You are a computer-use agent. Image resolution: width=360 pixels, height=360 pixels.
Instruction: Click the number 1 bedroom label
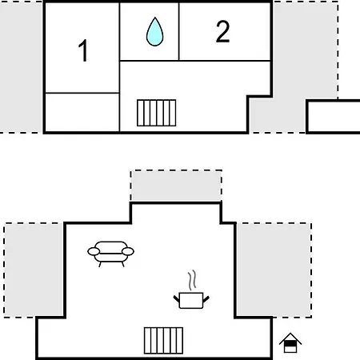coord(83,50)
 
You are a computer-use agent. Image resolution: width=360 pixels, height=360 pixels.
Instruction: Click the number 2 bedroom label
coord(222,31)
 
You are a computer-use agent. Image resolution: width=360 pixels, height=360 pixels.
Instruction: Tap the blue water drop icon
coord(154,31)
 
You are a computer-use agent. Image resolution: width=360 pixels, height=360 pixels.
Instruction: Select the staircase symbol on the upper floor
coord(157,113)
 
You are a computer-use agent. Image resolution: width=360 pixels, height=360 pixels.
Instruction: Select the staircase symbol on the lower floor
coord(163,341)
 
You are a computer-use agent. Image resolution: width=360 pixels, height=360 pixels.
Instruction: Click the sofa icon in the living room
coord(110,254)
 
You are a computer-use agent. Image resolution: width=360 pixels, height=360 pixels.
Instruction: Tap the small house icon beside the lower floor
coord(290,342)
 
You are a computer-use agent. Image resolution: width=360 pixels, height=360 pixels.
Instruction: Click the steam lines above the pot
coord(192,280)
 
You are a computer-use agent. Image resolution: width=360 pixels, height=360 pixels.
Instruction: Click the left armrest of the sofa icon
coord(94,251)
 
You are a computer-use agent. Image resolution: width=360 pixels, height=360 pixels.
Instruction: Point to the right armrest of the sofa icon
coord(128,251)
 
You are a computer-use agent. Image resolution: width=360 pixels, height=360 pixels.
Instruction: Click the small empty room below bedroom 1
coord(82,112)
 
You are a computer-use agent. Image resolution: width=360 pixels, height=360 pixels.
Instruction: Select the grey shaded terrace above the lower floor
coord(176,186)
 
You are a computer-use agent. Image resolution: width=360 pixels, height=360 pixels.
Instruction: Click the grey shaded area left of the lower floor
coord(34,270)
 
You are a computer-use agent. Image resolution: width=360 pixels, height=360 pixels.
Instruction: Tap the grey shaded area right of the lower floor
coord(274,270)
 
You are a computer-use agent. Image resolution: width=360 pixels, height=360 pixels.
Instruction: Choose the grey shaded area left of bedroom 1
coord(21,66)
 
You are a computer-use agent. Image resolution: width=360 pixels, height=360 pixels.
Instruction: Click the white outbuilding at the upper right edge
coord(334,117)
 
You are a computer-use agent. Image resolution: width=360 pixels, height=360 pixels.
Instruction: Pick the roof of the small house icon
coord(290,338)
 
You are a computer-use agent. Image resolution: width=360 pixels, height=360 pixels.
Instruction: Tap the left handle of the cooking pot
coord(177,299)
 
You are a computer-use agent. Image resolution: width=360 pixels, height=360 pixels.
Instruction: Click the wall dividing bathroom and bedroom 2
coord(178,31)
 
